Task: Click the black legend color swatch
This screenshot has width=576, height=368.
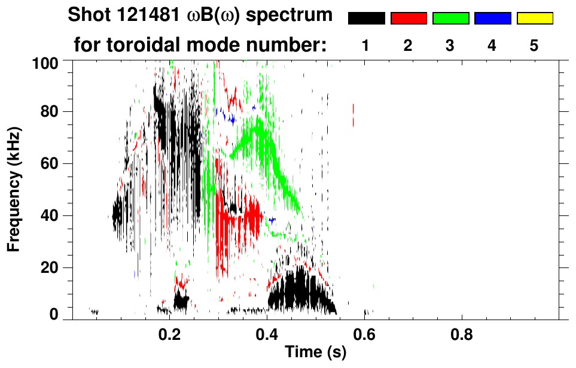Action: (367, 19)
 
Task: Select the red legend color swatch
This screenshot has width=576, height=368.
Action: (409, 19)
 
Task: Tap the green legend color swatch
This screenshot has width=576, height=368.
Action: (450, 19)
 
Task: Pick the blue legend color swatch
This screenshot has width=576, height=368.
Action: (492, 19)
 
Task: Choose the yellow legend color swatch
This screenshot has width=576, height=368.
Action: (534, 19)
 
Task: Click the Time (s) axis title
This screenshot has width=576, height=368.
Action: (315, 353)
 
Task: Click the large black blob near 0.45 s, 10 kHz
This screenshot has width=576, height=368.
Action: (293, 291)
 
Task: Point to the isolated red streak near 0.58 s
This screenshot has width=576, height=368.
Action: (353, 114)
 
